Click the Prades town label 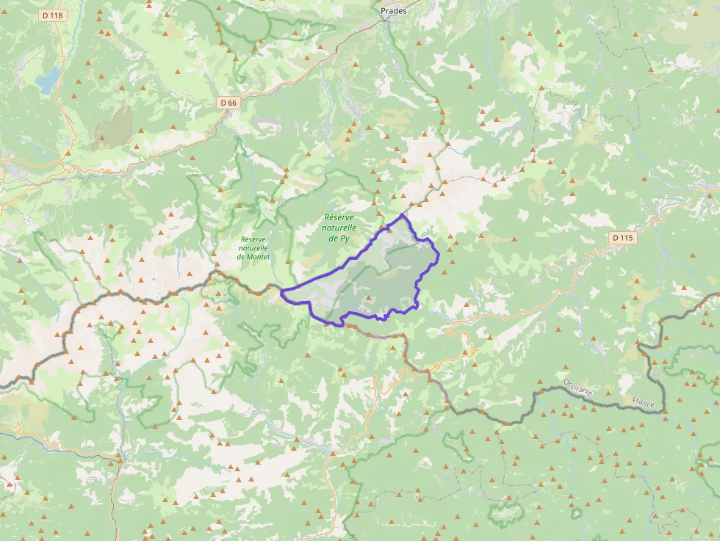point(394,11)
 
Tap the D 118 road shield point(53,15)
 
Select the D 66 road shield point(228,103)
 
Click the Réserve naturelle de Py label point(339,228)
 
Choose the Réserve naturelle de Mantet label point(253,248)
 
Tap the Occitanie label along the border point(578,388)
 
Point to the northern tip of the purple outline point(402,215)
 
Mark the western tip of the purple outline point(281,292)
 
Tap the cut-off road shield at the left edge point(1,173)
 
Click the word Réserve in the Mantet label point(253,239)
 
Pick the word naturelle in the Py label point(339,228)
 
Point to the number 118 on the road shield point(57,15)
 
